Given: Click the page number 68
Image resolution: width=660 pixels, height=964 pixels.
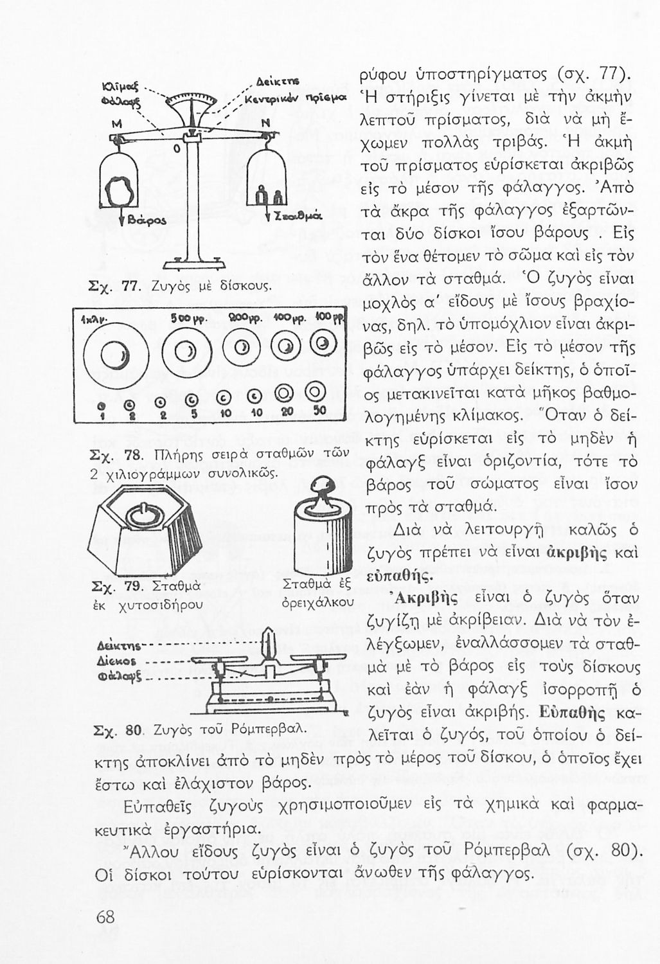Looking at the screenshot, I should (105, 917).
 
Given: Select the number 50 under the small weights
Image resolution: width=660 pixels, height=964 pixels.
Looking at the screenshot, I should (318, 410).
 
